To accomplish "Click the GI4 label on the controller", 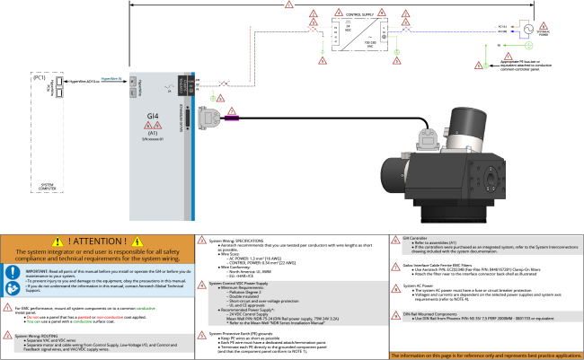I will pyautogui.click(x=152, y=116).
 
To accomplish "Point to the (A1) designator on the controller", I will pyautogui.click(x=152, y=133).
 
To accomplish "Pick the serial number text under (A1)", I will pyautogui.click(x=152, y=139).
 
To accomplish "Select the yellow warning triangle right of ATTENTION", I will pyautogui.click(x=137, y=241).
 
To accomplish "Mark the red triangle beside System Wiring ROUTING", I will pyautogui.click(x=7, y=337).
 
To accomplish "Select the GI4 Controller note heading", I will pyautogui.click(x=420, y=238).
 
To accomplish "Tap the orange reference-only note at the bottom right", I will pyautogui.click(x=485, y=356).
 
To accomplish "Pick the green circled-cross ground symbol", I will pyautogui.click(x=529, y=45).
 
